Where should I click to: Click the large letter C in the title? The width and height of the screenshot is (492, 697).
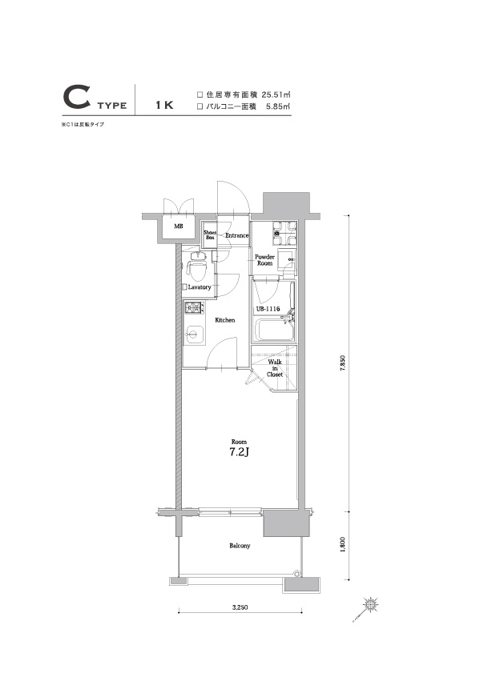(x=75, y=99)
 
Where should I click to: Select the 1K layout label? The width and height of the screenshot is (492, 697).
(x=164, y=104)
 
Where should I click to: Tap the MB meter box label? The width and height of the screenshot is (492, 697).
(x=178, y=226)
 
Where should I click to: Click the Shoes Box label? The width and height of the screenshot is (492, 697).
(x=210, y=235)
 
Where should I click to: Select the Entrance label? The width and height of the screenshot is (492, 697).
(x=236, y=235)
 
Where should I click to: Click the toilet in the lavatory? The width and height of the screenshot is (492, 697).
(x=196, y=262)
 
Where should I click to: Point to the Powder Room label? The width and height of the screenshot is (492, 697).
(x=264, y=259)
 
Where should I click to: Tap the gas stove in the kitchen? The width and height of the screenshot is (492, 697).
(x=195, y=309)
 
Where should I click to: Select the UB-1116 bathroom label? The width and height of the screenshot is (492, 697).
(x=267, y=309)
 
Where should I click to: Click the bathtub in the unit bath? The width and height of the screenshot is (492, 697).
(x=271, y=329)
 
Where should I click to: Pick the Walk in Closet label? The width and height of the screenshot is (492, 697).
(x=274, y=367)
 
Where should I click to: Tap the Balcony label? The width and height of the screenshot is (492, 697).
(x=239, y=546)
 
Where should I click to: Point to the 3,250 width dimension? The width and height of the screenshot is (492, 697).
(x=239, y=608)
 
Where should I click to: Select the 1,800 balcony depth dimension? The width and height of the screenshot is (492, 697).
(x=342, y=544)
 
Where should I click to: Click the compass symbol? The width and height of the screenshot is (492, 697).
(x=369, y=604)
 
